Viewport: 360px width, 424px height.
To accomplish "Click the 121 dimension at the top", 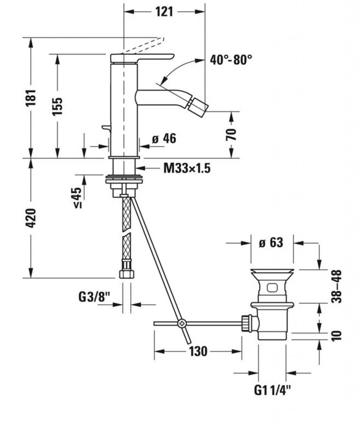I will pyautogui.click(x=164, y=12).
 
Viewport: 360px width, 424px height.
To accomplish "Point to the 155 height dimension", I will pyautogui.click(x=58, y=106).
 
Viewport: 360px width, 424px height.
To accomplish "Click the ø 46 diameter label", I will pyautogui.click(x=164, y=139).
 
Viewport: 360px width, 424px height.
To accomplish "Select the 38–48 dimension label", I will pyautogui.click(x=337, y=286).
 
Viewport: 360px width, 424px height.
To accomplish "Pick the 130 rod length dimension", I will pyautogui.click(x=198, y=352).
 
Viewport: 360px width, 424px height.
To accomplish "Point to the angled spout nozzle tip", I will pyautogui.click(x=203, y=106).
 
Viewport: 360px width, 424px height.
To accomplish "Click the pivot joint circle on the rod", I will pyautogui.click(x=181, y=323).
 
